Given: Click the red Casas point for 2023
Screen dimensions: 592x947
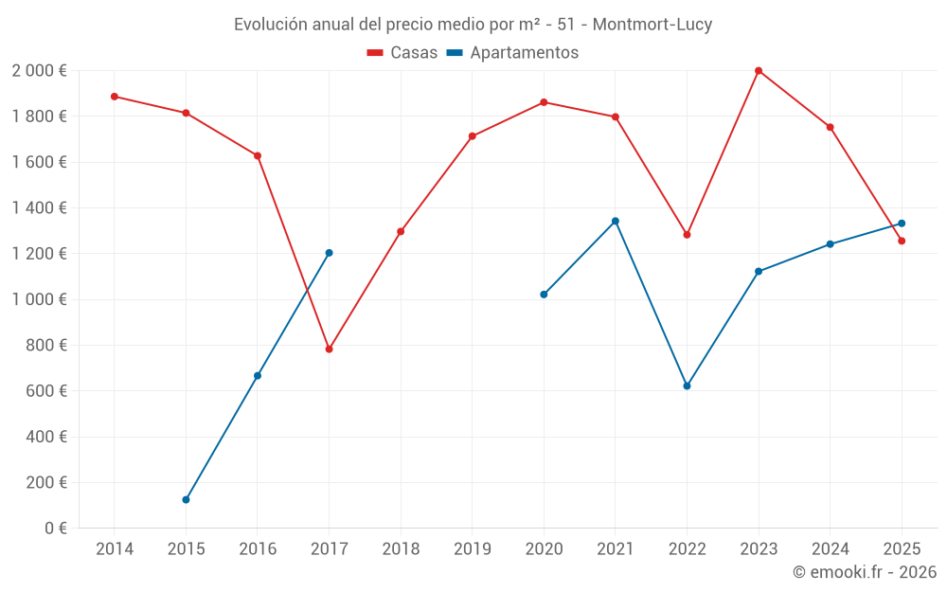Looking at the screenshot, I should (759, 71).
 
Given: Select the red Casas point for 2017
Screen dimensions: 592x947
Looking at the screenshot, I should (329, 350).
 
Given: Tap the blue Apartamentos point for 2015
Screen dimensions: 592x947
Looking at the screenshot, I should (186, 500).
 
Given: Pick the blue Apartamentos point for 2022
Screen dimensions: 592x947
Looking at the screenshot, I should (687, 386).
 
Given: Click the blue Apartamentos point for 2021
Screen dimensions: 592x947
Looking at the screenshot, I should (616, 222).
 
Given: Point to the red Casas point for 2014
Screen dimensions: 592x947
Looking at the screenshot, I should (115, 97).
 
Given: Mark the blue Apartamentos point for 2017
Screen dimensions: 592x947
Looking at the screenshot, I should (329, 253).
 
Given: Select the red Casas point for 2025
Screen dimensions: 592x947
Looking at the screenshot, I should (902, 242).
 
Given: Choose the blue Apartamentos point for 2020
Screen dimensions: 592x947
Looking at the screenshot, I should (544, 295).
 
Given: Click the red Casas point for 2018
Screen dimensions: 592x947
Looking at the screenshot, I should (401, 232).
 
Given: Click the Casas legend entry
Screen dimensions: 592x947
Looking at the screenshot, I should (402, 53).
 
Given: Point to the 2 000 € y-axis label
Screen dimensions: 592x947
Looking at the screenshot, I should (39, 71).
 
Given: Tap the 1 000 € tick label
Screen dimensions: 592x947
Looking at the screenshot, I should (39, 299).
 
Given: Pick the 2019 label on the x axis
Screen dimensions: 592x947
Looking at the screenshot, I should (472, 549).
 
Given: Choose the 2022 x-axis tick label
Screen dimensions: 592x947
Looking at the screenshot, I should (687, 549).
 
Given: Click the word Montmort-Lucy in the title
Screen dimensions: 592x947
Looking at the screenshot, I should (652, 25).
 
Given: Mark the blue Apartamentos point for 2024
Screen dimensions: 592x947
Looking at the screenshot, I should (831, 244).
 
